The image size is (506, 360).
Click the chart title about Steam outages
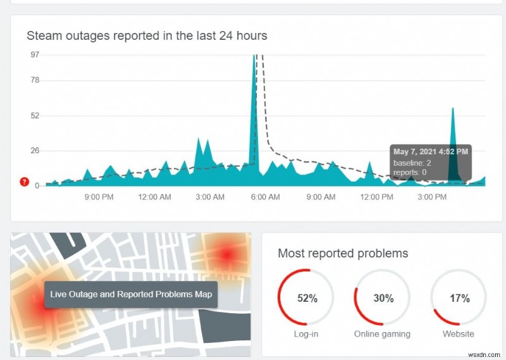[x=147, y=35]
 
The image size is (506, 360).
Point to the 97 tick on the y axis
[x=35, y=54]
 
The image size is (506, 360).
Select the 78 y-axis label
[x=35, y=80]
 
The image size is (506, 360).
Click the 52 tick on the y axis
[x=35, y=115]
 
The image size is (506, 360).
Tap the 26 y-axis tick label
[x=35, y=151]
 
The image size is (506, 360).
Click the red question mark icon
[x=25, y=182]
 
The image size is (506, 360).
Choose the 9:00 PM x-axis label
[x=99, y=197]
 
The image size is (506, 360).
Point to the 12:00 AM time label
[x=154, y=197]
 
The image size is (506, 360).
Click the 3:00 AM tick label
[x=210, y=197]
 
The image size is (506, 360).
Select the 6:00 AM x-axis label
[x=266, y=197]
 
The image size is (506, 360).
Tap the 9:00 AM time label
[x=321, y=197]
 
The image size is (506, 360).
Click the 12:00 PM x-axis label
[x=376, y=197]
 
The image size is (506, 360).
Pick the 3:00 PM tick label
[x=432, y=197]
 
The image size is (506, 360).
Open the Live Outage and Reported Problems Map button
[x=131, y=294]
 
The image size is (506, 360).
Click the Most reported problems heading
[x=343, y=254]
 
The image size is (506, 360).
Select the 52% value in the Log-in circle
[x=307, y=298]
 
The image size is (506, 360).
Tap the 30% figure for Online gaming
[x=383, y=298]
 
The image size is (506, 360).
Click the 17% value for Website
[x=459, y=298]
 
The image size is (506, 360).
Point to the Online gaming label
[x=382, y=333]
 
